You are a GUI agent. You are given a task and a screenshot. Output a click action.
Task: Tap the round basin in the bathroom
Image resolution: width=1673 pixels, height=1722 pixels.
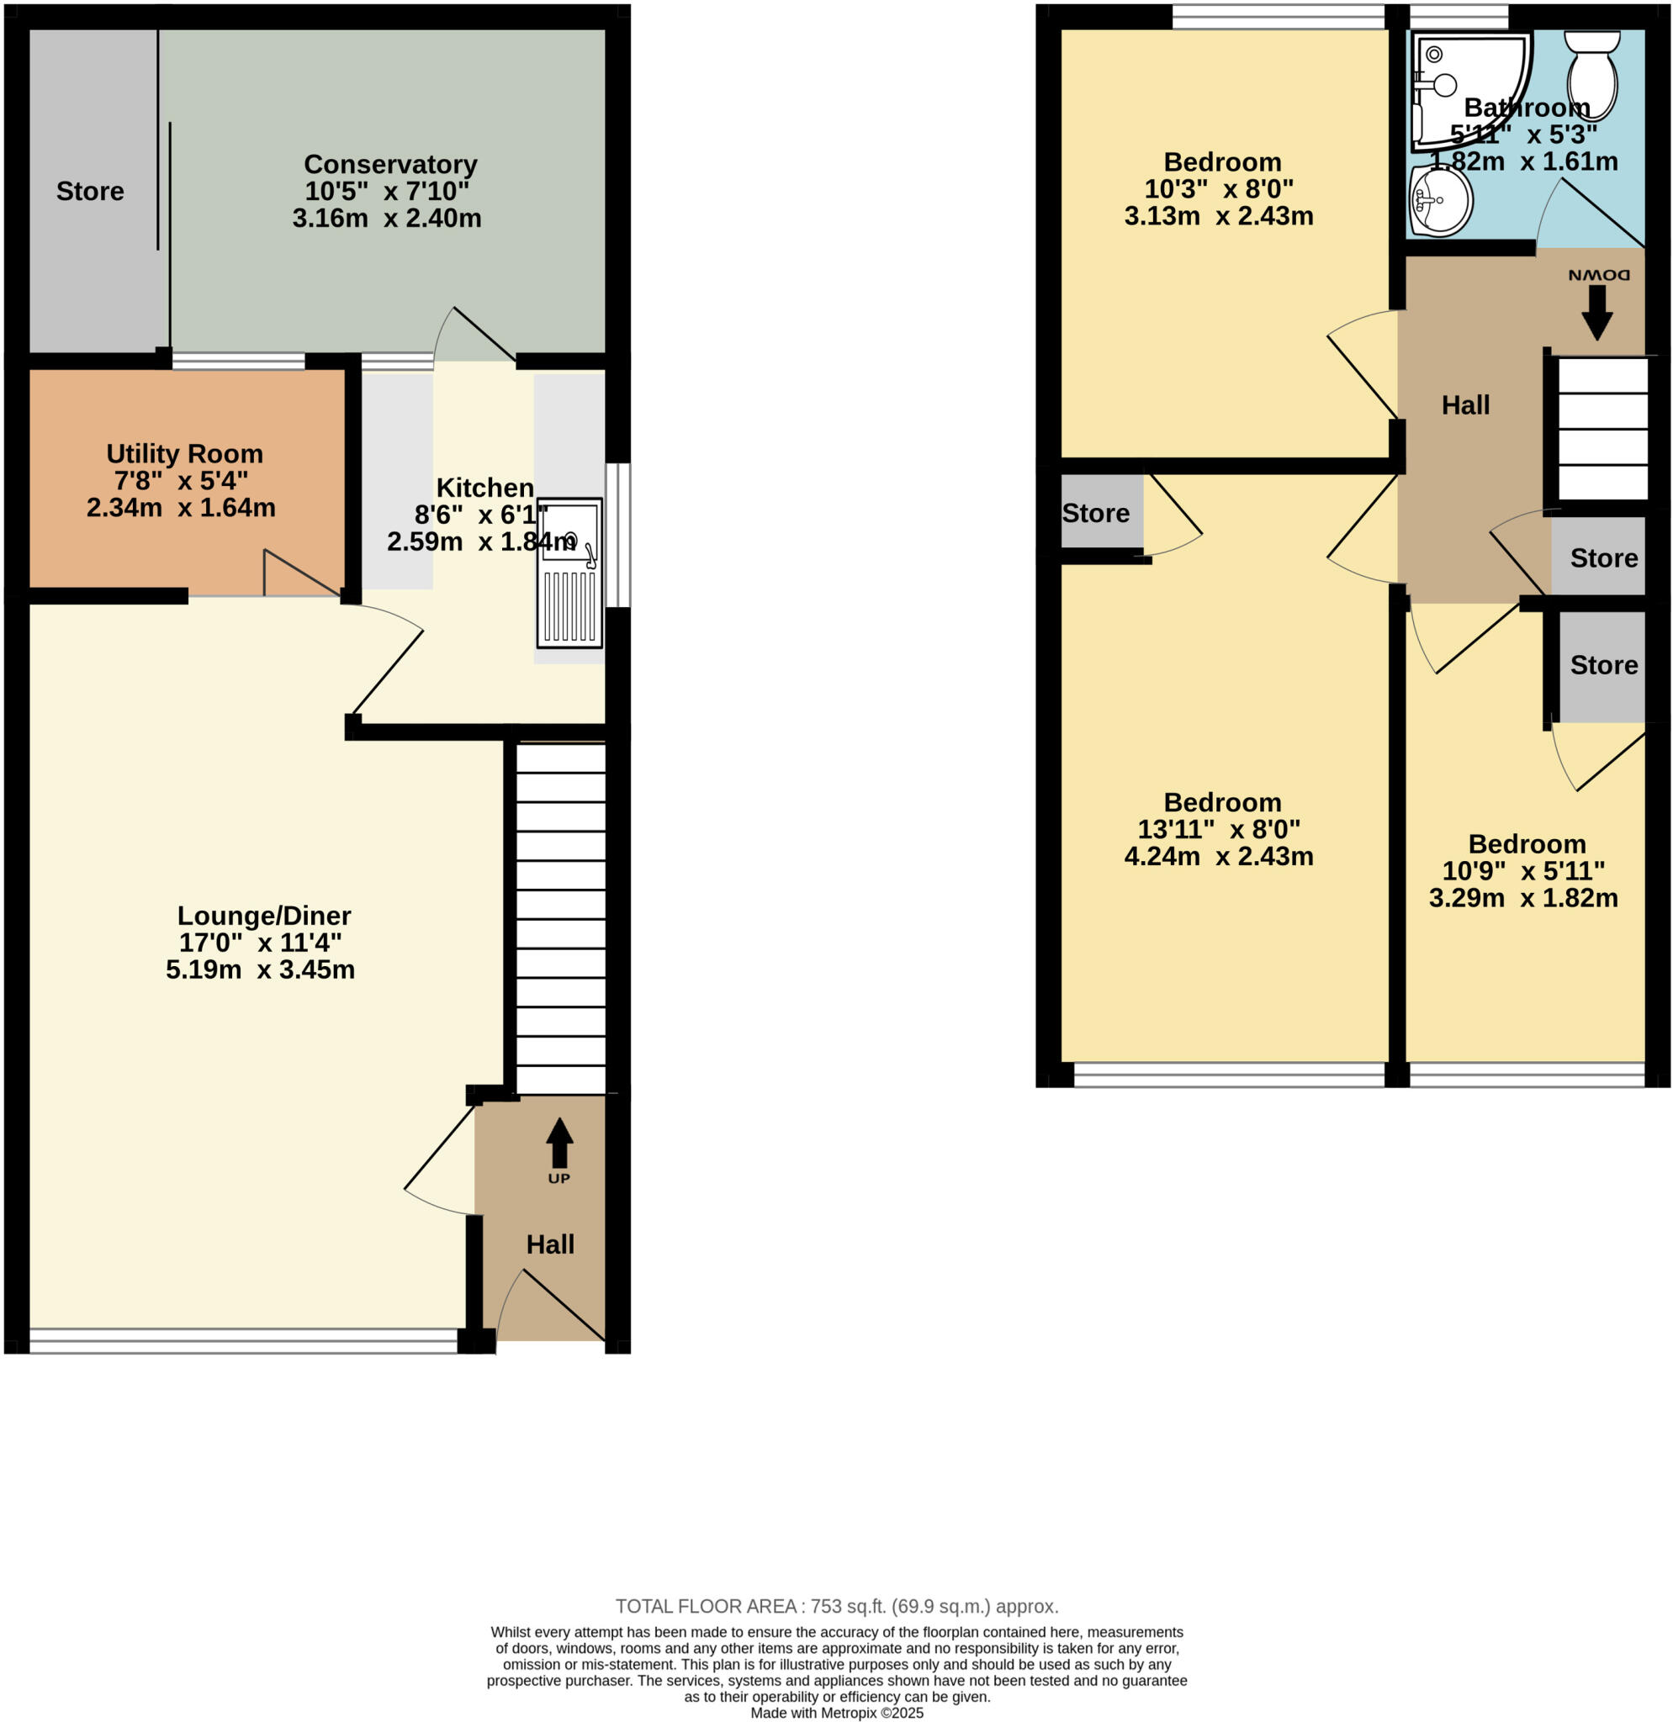coord(1441,201)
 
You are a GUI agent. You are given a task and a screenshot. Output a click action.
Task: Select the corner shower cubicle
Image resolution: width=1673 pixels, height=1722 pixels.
coord(1463,83)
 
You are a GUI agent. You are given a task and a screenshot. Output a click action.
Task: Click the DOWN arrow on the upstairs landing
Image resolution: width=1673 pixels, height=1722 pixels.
coord(1596,313)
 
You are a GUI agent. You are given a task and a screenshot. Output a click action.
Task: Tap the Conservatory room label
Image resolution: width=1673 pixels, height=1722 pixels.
coord(390,164)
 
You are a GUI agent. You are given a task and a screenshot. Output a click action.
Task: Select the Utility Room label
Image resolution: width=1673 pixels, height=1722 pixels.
coord(184,453)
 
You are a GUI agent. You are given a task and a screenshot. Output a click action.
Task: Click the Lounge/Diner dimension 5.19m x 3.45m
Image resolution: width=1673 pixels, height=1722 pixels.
coord(260,970)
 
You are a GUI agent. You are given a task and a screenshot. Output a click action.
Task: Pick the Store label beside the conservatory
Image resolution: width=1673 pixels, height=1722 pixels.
coord(90,192)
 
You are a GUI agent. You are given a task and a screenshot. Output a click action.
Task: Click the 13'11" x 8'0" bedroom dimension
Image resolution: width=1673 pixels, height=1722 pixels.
coord(1219,829)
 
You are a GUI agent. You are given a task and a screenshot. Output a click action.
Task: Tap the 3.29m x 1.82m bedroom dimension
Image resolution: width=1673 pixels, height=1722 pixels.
coord(1522,898)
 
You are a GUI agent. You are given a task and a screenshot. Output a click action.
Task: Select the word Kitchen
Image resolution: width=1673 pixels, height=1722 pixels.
coord(485,488)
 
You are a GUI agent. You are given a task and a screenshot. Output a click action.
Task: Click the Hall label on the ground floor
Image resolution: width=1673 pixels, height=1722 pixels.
coord(550,1244)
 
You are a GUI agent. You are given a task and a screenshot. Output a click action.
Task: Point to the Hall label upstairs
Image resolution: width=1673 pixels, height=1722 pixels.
coord(1465,405)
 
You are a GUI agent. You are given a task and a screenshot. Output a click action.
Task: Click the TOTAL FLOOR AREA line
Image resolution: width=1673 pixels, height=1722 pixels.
coord(836,1607)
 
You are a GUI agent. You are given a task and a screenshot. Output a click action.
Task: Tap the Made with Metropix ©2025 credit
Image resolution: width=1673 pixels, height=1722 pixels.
coord(836,1714)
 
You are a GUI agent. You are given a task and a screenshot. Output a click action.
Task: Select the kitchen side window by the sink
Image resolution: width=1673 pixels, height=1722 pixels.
coord(618,535)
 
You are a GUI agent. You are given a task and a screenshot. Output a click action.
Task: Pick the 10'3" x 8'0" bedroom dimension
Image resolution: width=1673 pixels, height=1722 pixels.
coord(1219,189)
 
